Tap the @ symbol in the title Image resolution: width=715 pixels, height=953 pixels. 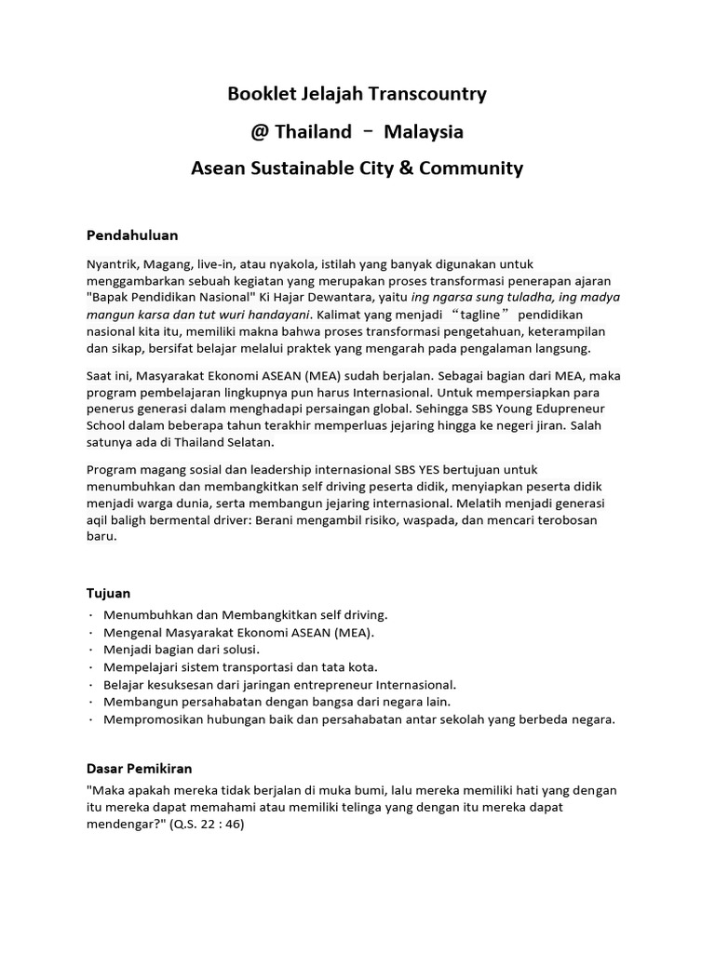[x=259, y=131]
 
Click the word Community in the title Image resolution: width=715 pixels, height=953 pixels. [x=473, y=168]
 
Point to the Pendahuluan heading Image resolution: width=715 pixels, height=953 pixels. [x=132, y=235]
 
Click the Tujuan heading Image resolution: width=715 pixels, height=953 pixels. [x=109, y=593]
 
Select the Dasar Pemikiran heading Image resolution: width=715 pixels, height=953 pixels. [x=139, y=769]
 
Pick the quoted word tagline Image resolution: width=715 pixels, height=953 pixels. [x=479, y=315]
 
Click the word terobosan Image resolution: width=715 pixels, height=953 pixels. [x=558, y=520]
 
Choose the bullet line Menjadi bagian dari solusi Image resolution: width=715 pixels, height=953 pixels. [x=182, y=649]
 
